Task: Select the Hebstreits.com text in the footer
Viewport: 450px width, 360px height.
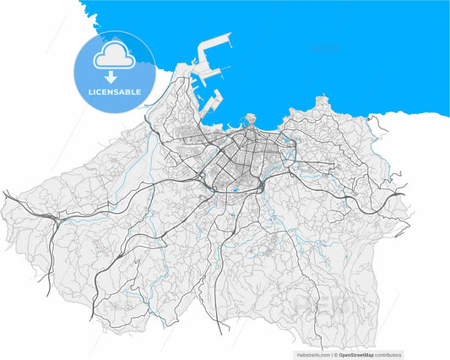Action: [312, 355]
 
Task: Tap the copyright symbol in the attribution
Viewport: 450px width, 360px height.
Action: [336, 355]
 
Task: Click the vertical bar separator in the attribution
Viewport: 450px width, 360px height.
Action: [331, 355]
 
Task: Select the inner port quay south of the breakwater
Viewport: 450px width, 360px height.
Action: [212, 102]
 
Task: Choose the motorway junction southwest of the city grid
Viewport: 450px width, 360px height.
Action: [203, 178]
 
